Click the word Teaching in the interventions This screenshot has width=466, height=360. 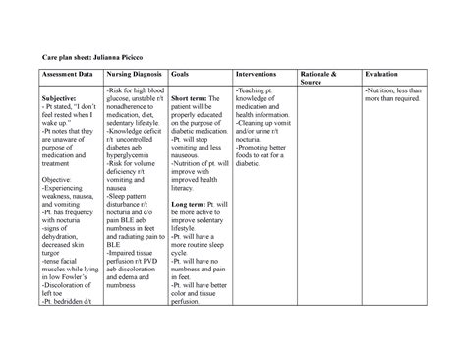(256, 90)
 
